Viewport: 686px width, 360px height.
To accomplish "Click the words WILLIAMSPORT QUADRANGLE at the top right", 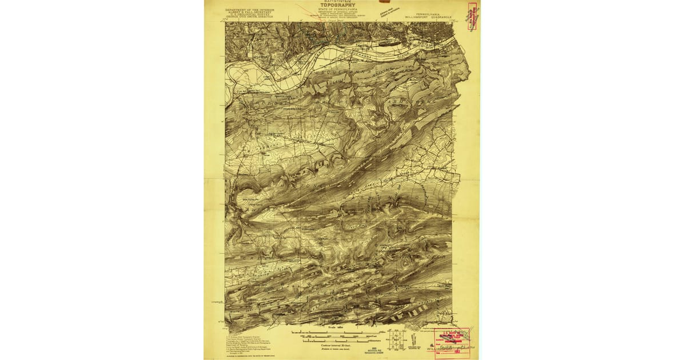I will click(429, 18).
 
